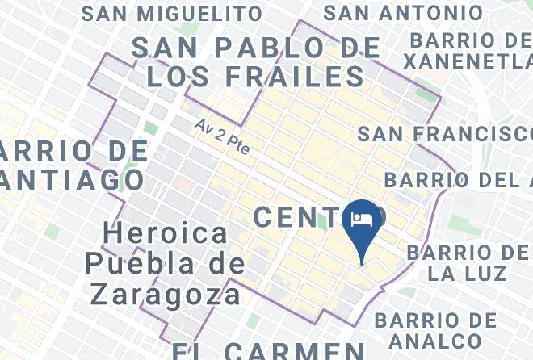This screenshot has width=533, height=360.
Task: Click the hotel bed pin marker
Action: coord(361,224)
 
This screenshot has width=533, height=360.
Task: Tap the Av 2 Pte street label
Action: coord(221,138)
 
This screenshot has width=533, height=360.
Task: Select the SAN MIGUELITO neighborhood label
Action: coord(172,14)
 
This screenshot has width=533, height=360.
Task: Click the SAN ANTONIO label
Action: coord(403,14)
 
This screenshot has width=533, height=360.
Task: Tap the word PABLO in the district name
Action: coord(273,48)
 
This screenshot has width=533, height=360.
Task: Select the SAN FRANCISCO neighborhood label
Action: coord(445,133)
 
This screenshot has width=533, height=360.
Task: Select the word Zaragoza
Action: coord(166,293)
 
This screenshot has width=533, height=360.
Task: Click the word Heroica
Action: coord(166,234)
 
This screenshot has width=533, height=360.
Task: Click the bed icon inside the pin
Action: coord(361,218)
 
